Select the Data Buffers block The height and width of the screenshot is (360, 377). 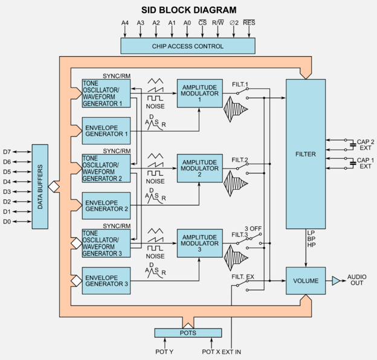(40, 186)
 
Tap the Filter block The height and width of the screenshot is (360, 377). (306, 154)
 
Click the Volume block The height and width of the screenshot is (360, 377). (306, 281)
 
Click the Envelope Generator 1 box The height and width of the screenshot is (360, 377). (106, 130)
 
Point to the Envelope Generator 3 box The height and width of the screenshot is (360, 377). (106, 281)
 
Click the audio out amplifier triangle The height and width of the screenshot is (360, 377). (336, 281)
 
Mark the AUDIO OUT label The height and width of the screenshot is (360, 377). (356, 281)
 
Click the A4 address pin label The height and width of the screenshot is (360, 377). (125, 22)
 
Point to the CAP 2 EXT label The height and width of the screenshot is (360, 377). (365, 146)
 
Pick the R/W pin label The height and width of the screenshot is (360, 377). (218, 22)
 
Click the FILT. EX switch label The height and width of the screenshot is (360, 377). (242, 277)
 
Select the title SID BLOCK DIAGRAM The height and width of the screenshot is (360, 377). (188, 9)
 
